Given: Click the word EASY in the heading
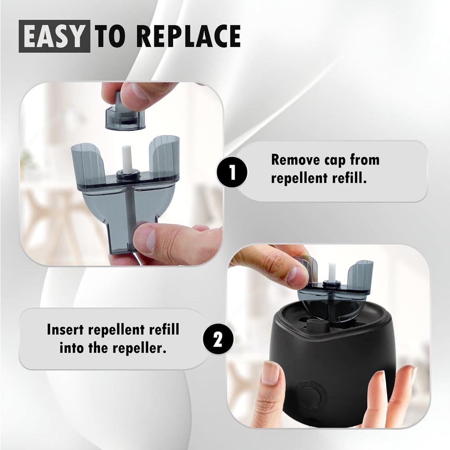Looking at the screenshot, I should click(x=54, y=37).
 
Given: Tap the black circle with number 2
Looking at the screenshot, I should click(x=218, y=340).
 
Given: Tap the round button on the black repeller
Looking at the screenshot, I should click(x=311, y=395).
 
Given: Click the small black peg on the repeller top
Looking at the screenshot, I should click(x=316, y=326).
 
